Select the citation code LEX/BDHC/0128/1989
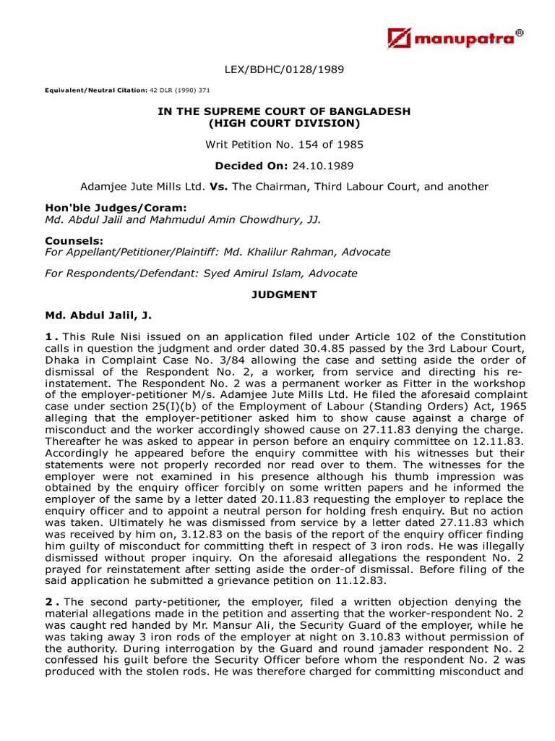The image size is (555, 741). click(x=284, y=69)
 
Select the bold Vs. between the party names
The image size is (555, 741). click(x=218, y=187)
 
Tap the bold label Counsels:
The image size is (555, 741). click(x=74, y=240)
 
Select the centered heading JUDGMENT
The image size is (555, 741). click(x=284, y=295)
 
